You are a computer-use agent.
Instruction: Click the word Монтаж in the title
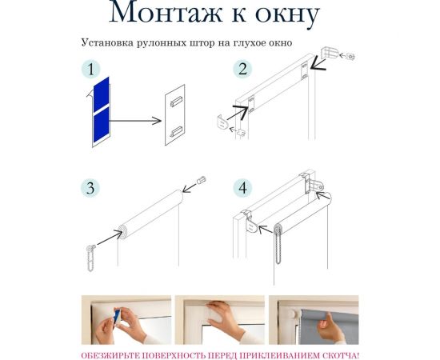click(166, 12)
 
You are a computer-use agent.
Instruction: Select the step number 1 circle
click(90, 69)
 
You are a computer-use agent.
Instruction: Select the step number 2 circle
click(242, 69)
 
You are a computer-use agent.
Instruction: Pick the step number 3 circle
click(90, 188)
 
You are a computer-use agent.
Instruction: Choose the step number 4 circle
click(242, 188)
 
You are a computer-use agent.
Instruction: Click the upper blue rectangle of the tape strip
click(102, 94)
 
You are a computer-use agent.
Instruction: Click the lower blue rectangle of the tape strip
click(102, 126)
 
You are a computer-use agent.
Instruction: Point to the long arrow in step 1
click(135, 121)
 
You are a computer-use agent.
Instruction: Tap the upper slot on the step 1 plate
click(176, 101)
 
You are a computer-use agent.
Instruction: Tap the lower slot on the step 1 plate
click(176, 131)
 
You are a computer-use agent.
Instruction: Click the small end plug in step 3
click(201, 179)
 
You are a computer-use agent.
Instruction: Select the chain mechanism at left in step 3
click(90, 258)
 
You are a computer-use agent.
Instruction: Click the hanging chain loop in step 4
click(278, 244)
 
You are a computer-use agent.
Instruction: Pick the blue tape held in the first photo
click(117, 318)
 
